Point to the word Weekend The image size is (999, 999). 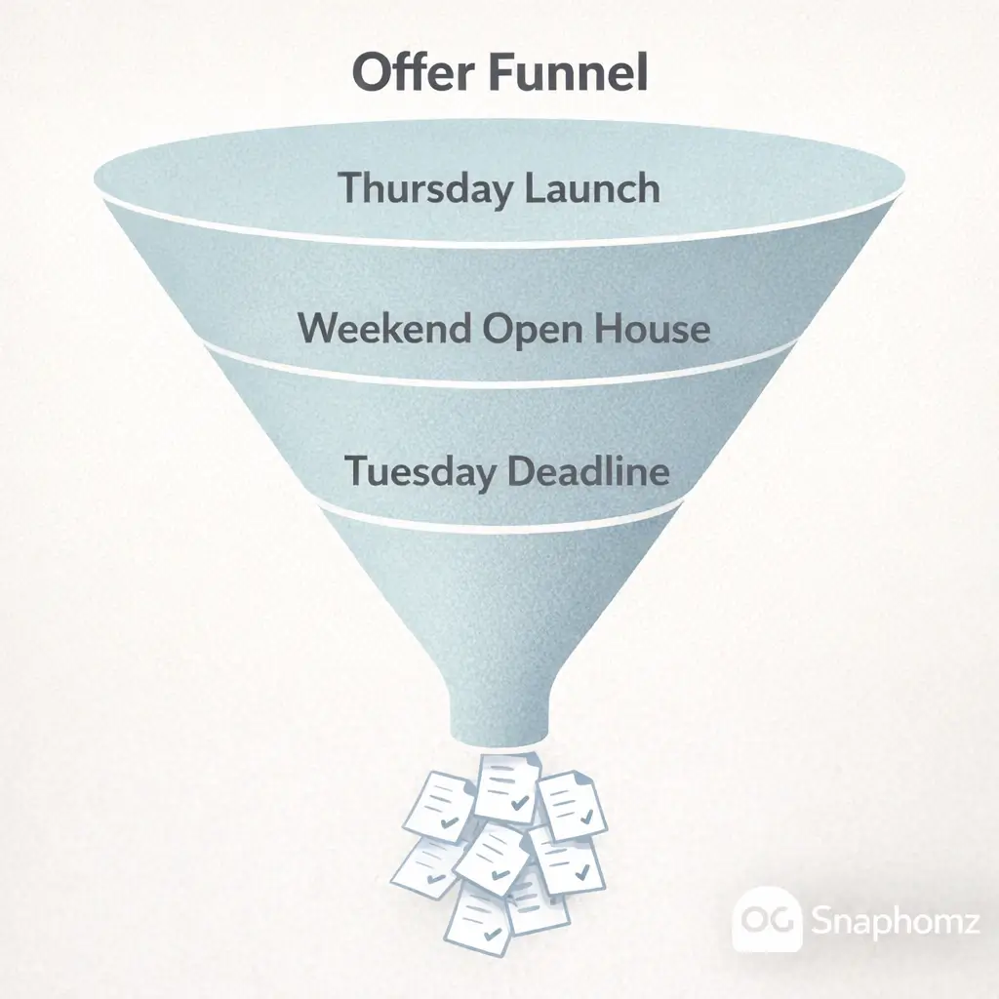(384, 329)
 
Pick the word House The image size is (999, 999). (652, 329)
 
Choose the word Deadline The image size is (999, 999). (588, 471)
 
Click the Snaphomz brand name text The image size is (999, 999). (895, 920)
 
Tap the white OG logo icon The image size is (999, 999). (767, 919)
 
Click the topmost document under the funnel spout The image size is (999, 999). (507, 787)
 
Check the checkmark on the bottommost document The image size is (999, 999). (492, 934)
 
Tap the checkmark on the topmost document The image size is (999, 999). (520, 802)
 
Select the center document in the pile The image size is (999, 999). (492, 858)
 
